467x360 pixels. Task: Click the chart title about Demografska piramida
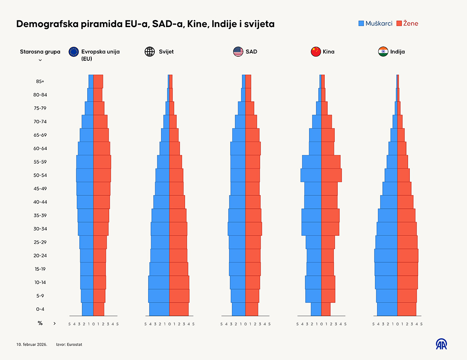[145, 24]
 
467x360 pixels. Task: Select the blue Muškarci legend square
[361, 23]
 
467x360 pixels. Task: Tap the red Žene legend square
[399, 23]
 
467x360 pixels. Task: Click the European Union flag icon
[74, 52]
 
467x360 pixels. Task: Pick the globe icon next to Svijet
[149, 52]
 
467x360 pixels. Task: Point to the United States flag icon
[238, 52]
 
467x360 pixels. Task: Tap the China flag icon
[316, 52]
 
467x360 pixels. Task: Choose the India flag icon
[383, 52]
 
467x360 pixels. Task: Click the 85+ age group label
[40, 81]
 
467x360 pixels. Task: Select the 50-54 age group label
[40, 175]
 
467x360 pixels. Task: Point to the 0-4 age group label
[40, 309]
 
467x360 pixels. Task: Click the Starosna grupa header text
[40, 52]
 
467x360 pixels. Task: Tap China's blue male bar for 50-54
[311, 175]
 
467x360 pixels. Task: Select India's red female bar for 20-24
[407, 256]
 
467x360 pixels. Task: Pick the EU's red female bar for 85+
[98, 81]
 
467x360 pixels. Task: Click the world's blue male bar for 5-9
[159, 296]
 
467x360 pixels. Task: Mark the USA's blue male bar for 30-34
[236, 229]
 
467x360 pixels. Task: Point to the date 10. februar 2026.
[32, 345]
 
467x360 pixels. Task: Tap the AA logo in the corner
[441, 344]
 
